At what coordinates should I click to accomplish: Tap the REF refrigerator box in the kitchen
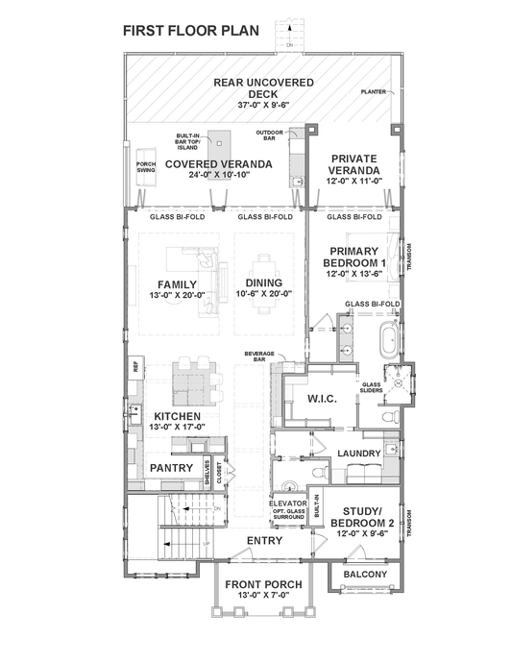click(136, 366)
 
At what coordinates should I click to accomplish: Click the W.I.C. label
click(320, 398)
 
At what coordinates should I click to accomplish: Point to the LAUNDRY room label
click(360, 453)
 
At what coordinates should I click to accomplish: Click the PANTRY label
click(174, 468)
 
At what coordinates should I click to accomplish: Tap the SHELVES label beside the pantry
click(206, 472)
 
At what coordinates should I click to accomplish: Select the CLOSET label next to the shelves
click(219, 472)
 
